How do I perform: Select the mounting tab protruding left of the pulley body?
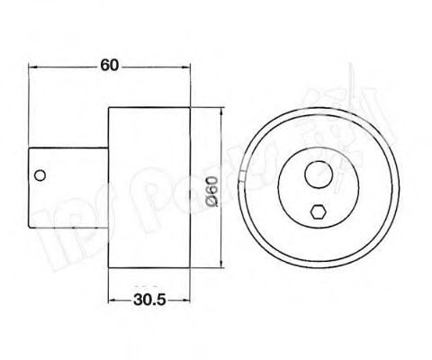67,175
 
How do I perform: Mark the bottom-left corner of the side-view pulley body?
108,269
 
